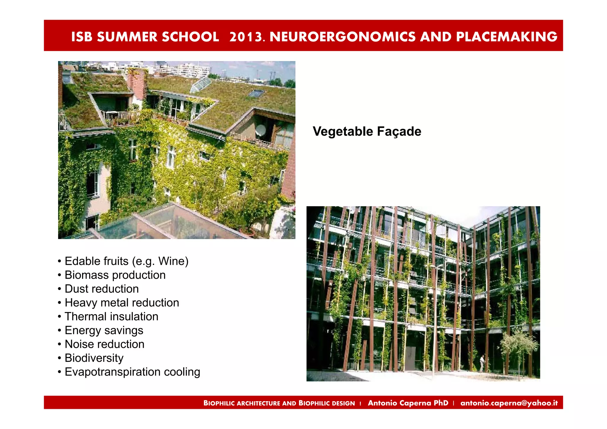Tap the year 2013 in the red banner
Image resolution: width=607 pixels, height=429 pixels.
pyautogui.click(x=246, y=37)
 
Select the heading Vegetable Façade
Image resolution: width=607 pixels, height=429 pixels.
pyautogui.click(x=367, y=131)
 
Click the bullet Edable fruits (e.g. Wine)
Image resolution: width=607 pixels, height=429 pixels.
pyautogui.click(x=126, y=261)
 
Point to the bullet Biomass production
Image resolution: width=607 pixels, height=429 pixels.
pyautogui.click(x=115, y=275)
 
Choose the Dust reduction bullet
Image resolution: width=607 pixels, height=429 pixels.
pyautogui.click(x=102, y=289)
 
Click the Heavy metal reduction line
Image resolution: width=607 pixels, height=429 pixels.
pyautogui.click(x=122, y=302)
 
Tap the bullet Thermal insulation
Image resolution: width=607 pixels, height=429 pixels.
pyautogui.click(x=111, y=316)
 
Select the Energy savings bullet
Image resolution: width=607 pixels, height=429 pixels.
pyautogui.click(x=104, y=330)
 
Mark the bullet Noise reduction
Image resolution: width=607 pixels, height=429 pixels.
pyautogui.click(x=104, y=344)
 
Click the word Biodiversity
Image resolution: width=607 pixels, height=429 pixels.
pyautogui.click(x=94, y=358)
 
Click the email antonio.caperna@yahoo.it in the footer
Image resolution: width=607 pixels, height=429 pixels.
pyautogui.click(x=509, y=403)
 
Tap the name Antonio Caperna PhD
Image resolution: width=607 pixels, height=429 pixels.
pyautogui.click(x=408, y=403)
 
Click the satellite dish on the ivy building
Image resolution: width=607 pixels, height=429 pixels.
pyautogui.click(x=261, y=130)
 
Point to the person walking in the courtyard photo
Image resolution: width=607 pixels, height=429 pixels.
pyautogui.click(x=482, y=363)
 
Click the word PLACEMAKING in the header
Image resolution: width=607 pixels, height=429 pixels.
pyautogui.click(x=506, y=37)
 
